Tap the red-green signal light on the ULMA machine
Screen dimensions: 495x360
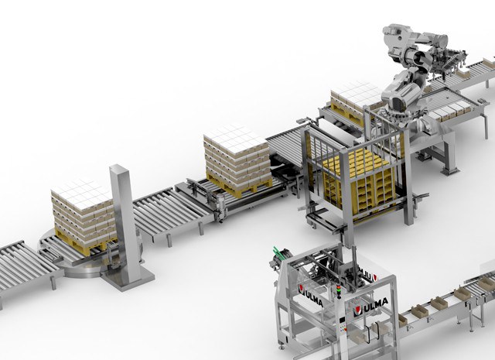click(x=339, y=292)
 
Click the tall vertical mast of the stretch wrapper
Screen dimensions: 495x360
click(x=125, y=221)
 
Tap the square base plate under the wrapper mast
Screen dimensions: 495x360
click(x=128, y=279)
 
